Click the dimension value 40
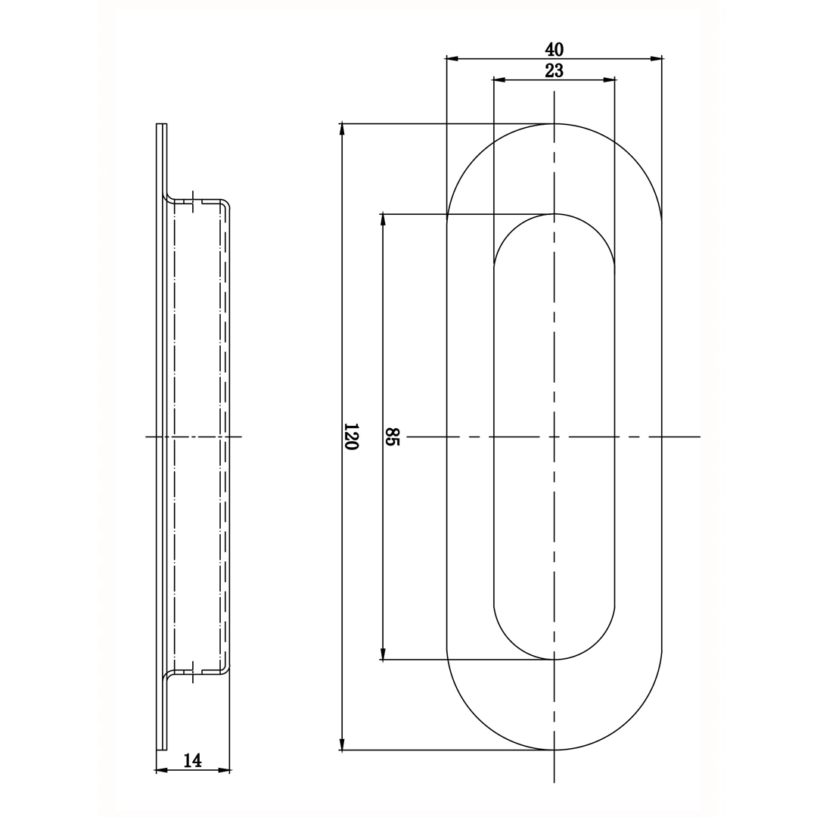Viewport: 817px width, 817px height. click(554, 49)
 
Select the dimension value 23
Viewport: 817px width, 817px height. click(554, 70)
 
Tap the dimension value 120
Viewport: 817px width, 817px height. click(353, 436)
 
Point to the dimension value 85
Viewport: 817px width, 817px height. click(393, 436)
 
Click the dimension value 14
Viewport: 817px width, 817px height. click(192, 761)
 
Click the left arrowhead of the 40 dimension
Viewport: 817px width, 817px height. click(452, 59)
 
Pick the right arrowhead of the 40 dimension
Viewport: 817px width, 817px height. click(656, 59)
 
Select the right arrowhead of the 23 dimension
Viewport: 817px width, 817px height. click(609, 79)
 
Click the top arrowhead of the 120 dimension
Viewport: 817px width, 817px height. click(342, 130)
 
